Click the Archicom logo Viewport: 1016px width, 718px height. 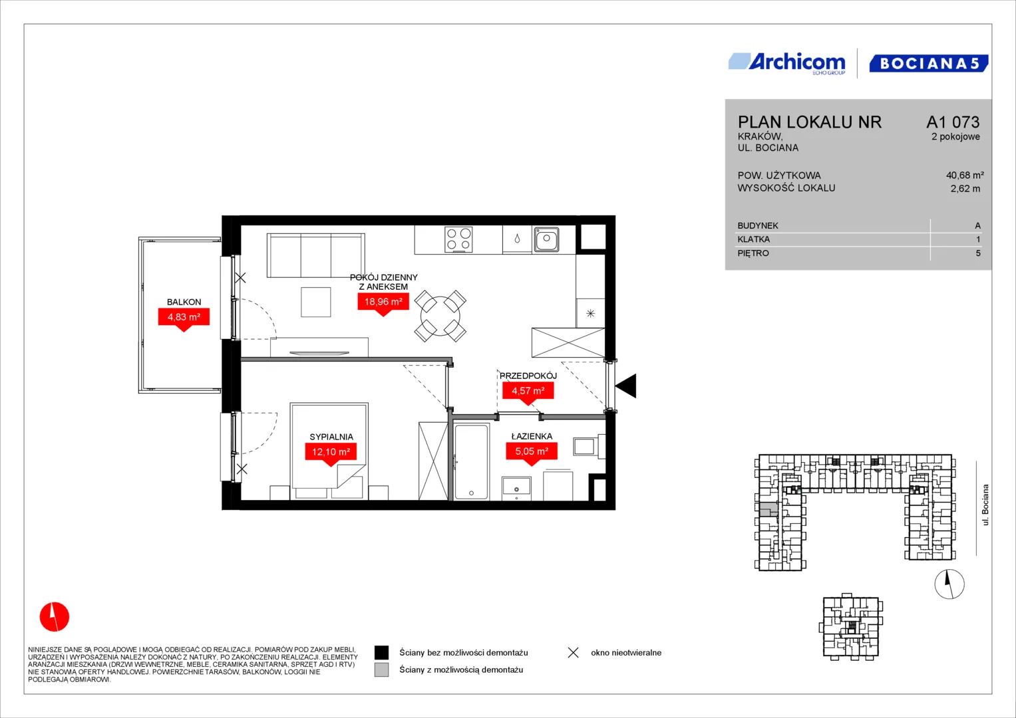787,63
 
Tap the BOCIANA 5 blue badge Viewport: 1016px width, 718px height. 929,63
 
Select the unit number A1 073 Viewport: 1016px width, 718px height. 953,122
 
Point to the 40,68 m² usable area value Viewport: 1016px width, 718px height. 965,175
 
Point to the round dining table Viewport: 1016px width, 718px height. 440,316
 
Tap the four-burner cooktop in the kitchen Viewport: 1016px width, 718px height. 458,239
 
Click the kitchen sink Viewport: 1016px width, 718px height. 546,239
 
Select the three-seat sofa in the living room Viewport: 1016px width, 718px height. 315,255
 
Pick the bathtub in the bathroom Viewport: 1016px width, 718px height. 471,461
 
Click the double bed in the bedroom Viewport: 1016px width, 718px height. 329,451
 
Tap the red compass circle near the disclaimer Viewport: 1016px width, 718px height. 55,616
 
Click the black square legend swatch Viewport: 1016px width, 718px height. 381,652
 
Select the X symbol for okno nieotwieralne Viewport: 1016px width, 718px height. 574,653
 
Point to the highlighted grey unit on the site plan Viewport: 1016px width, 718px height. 768,509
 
